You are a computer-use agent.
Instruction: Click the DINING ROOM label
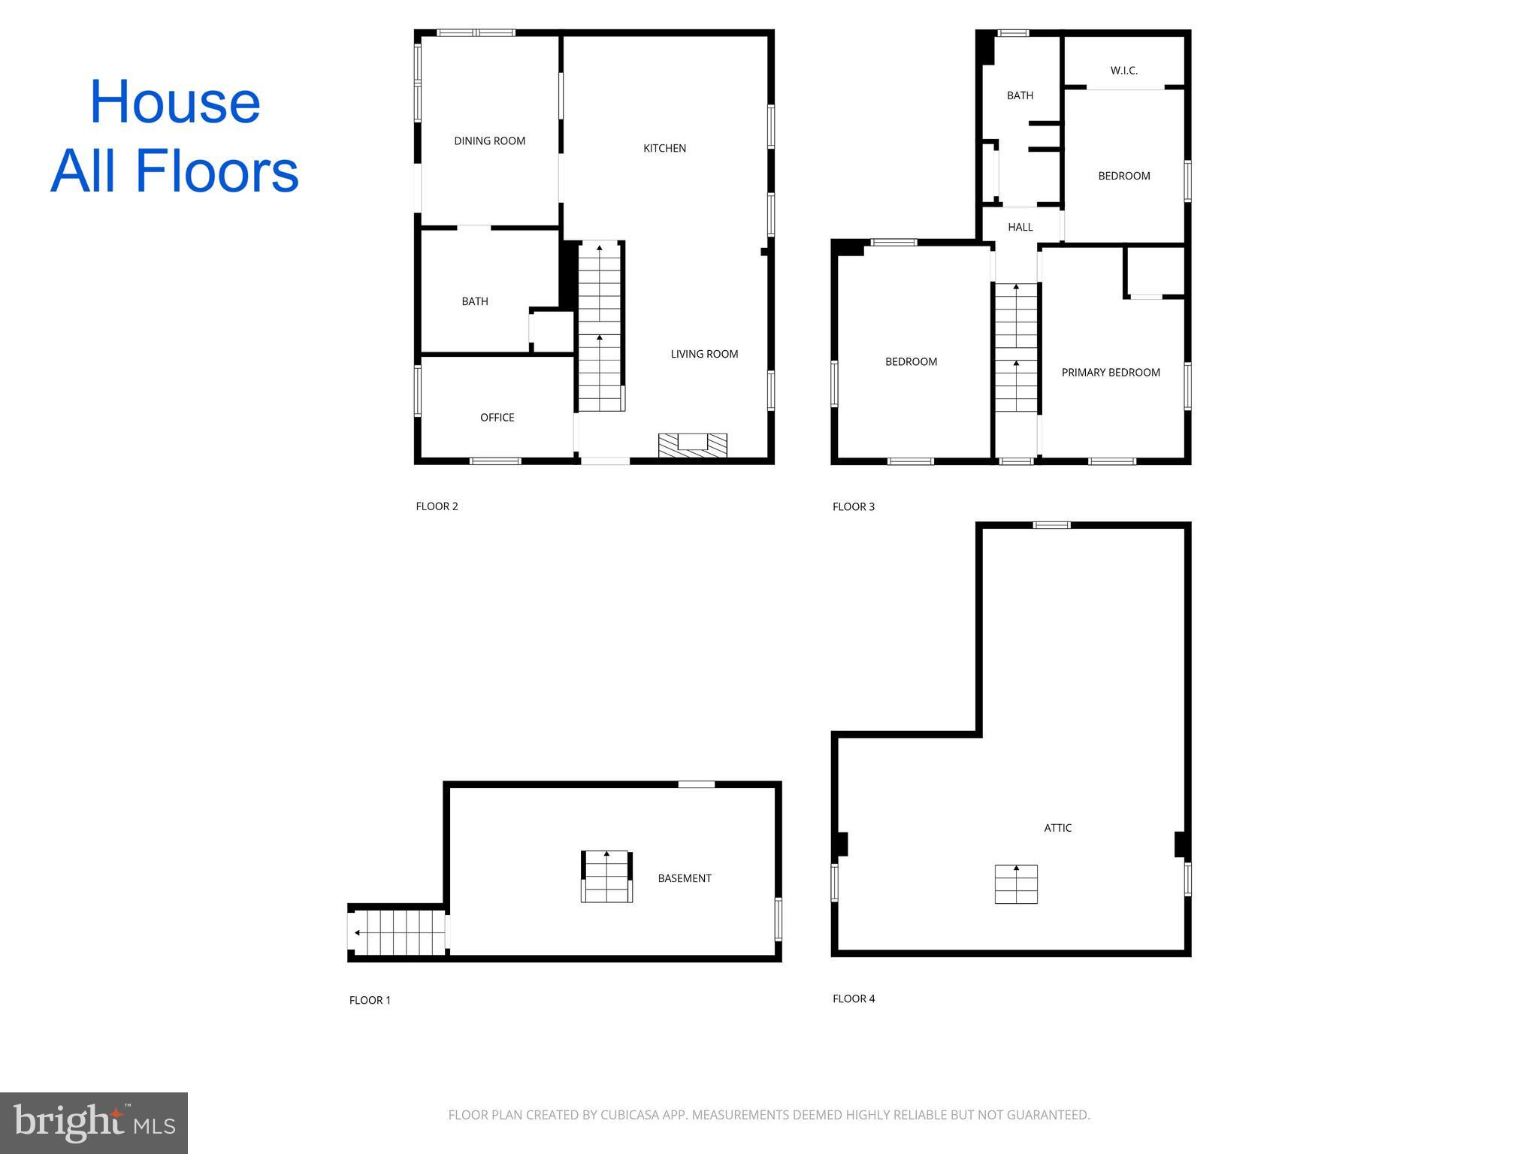(x=489, y=140)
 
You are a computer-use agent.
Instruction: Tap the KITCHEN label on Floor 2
(x=664, y=148)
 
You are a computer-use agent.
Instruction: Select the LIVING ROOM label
(x=704, y=354)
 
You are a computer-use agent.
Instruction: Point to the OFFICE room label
(x=497, y=417)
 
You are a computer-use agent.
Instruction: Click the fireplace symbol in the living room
(x=692, y=445)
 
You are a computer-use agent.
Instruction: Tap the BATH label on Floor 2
(x=474, y=301)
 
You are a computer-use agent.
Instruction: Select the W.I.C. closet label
(x=1123, y=71)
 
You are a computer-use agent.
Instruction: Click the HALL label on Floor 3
(x=1020, y=227)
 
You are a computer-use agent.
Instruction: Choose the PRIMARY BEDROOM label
(x=1110, y=373)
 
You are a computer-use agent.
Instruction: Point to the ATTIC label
(x=1057, y=828)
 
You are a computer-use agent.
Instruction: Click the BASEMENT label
(x=684, y=878)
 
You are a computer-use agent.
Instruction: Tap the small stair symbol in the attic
(x=1016, y=884)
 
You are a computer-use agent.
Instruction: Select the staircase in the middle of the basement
(x=606, y=876)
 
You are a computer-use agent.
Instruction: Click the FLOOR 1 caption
(x=370, y=1000)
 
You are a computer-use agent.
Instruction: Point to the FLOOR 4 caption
(x=854, y=998)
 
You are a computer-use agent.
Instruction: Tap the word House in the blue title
(x=174, y=102)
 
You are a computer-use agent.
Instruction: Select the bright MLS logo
(x=94, y=1122)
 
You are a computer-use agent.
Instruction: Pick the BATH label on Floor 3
(x=1020, y=95)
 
